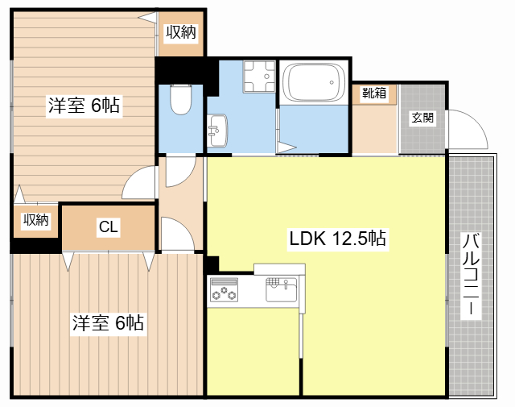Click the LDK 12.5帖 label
tap(337, 239)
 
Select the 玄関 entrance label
tap(422, 118)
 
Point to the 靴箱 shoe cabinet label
tap(373, 93)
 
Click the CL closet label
tap(109, 228)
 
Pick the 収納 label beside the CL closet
tap(35, 219)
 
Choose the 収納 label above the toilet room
tap(180, 32)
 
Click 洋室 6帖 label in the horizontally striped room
tap(84, 105)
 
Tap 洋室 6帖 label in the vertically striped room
tap(108, 323)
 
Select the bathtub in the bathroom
tap(314, 83)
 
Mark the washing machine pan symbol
tap(258, 78)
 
